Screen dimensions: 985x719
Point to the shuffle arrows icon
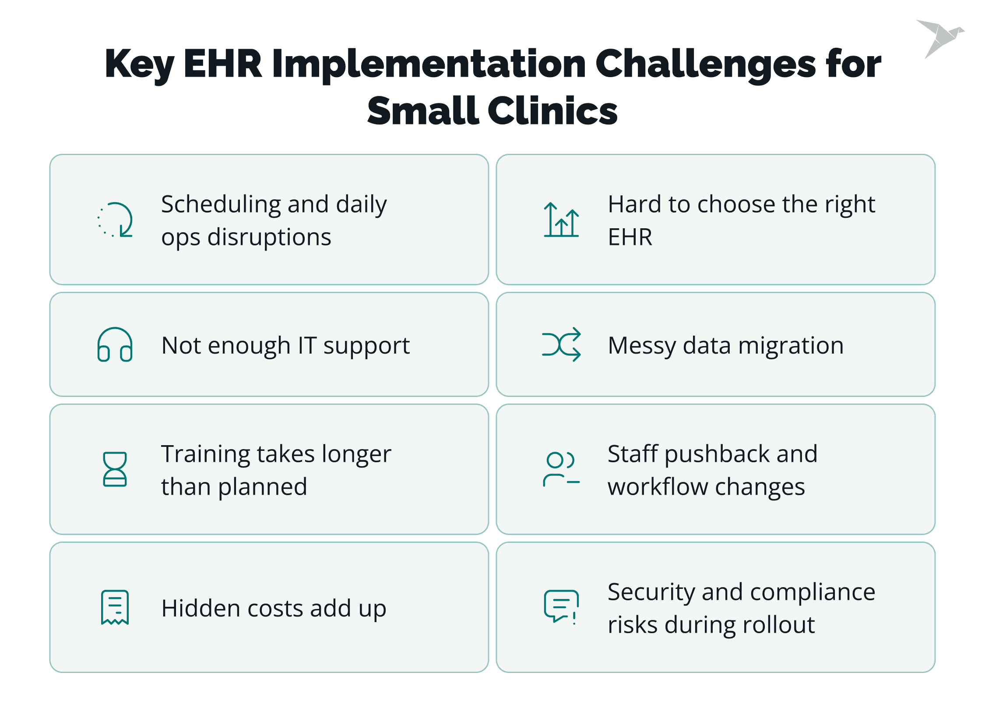(561, 344)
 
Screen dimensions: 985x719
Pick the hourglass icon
(115, 469)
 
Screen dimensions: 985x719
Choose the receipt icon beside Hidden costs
(115, 607)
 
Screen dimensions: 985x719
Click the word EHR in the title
(223, 64)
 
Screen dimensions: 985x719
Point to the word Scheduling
(221, 205)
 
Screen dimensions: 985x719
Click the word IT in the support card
(307, 345)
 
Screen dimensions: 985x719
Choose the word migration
(791, 345)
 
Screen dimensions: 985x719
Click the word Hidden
(201, 608)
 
